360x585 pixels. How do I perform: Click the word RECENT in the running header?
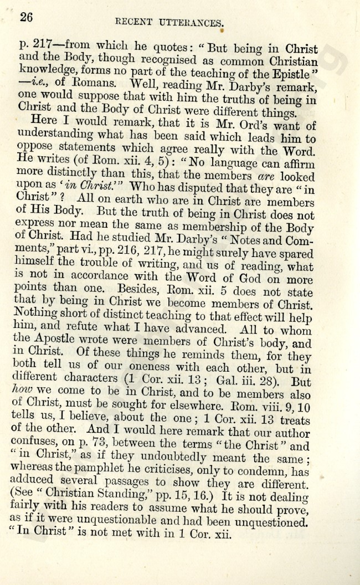point(132,22)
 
